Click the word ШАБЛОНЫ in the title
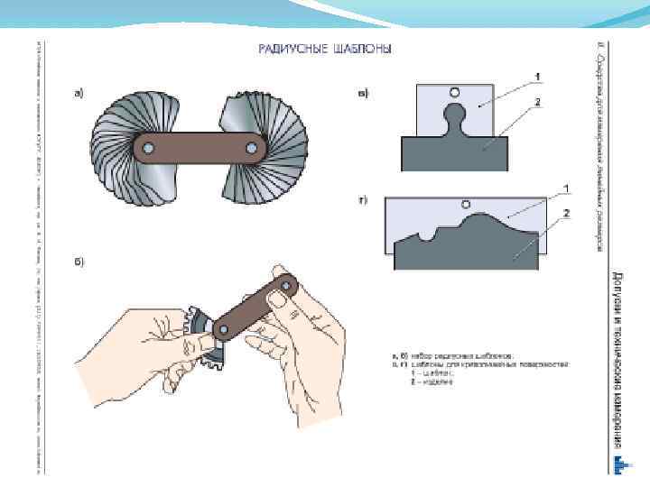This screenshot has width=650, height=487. [361, 51]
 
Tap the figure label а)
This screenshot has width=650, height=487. [79, 92]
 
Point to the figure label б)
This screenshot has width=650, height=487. [79, 262]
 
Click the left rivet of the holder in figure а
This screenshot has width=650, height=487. [148, 146]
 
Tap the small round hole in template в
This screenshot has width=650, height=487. [454, 92]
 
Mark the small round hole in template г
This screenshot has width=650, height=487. [467, 203]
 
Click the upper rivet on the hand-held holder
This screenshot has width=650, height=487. [285, 286]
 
